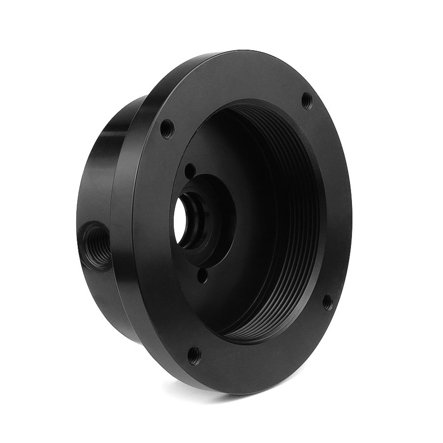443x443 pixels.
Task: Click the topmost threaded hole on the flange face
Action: (306, 100)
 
